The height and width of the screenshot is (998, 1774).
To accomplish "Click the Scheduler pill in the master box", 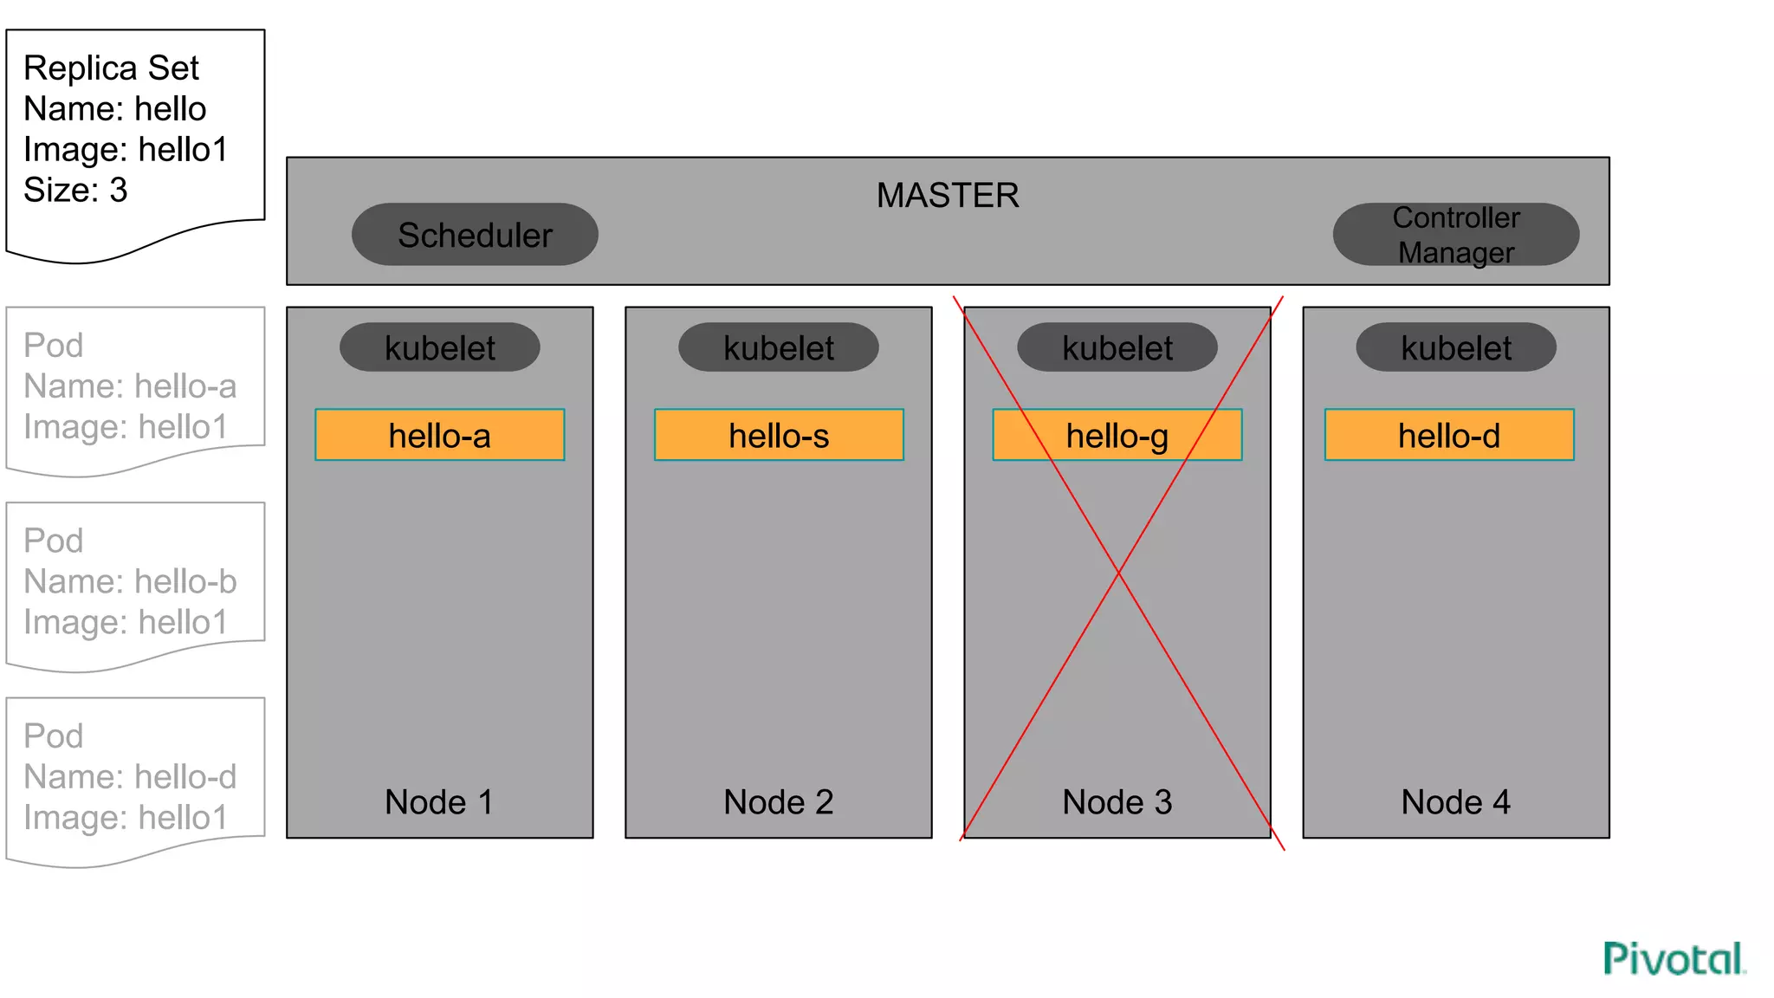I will click(x=475, y=235).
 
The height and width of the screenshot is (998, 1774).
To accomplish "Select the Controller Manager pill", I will click(x=1455, y=235).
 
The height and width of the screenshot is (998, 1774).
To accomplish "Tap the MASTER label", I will click(x=948, y=195).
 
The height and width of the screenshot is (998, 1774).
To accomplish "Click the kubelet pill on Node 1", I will click(x=440, y=347).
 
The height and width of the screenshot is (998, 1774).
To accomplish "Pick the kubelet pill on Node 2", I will click(x=779, y=347).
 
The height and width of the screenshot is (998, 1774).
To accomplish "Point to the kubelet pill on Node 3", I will click(x=1117, y=347).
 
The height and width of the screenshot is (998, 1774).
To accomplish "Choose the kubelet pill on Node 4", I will click(x=1456, y=347).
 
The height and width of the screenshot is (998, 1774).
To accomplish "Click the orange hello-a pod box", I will click(x=440, y=435).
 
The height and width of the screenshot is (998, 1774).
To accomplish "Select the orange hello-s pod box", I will click(x=779, y=435).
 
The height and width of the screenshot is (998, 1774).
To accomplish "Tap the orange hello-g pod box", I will click(x=1117, y=435).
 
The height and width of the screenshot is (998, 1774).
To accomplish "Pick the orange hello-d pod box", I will click(x=1449, y=435).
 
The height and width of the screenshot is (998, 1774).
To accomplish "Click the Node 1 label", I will click(x=439, y=801).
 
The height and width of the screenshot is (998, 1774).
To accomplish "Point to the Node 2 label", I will click(x=779, y=801).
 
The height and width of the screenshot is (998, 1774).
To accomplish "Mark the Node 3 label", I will click(x=1117, y=801).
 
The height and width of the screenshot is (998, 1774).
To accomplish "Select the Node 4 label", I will click(x=1456, y=801).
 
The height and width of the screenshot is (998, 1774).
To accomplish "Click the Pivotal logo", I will click(x=1674, y=959).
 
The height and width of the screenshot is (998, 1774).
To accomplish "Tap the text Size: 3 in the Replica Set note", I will click(x=75, y=190).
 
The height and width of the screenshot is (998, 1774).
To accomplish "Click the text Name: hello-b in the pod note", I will click(x=130, y=581).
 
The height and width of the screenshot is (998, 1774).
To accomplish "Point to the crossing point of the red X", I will click(x=1118, y=573).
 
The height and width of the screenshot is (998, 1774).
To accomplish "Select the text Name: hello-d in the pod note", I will click(x=130, y=776).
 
